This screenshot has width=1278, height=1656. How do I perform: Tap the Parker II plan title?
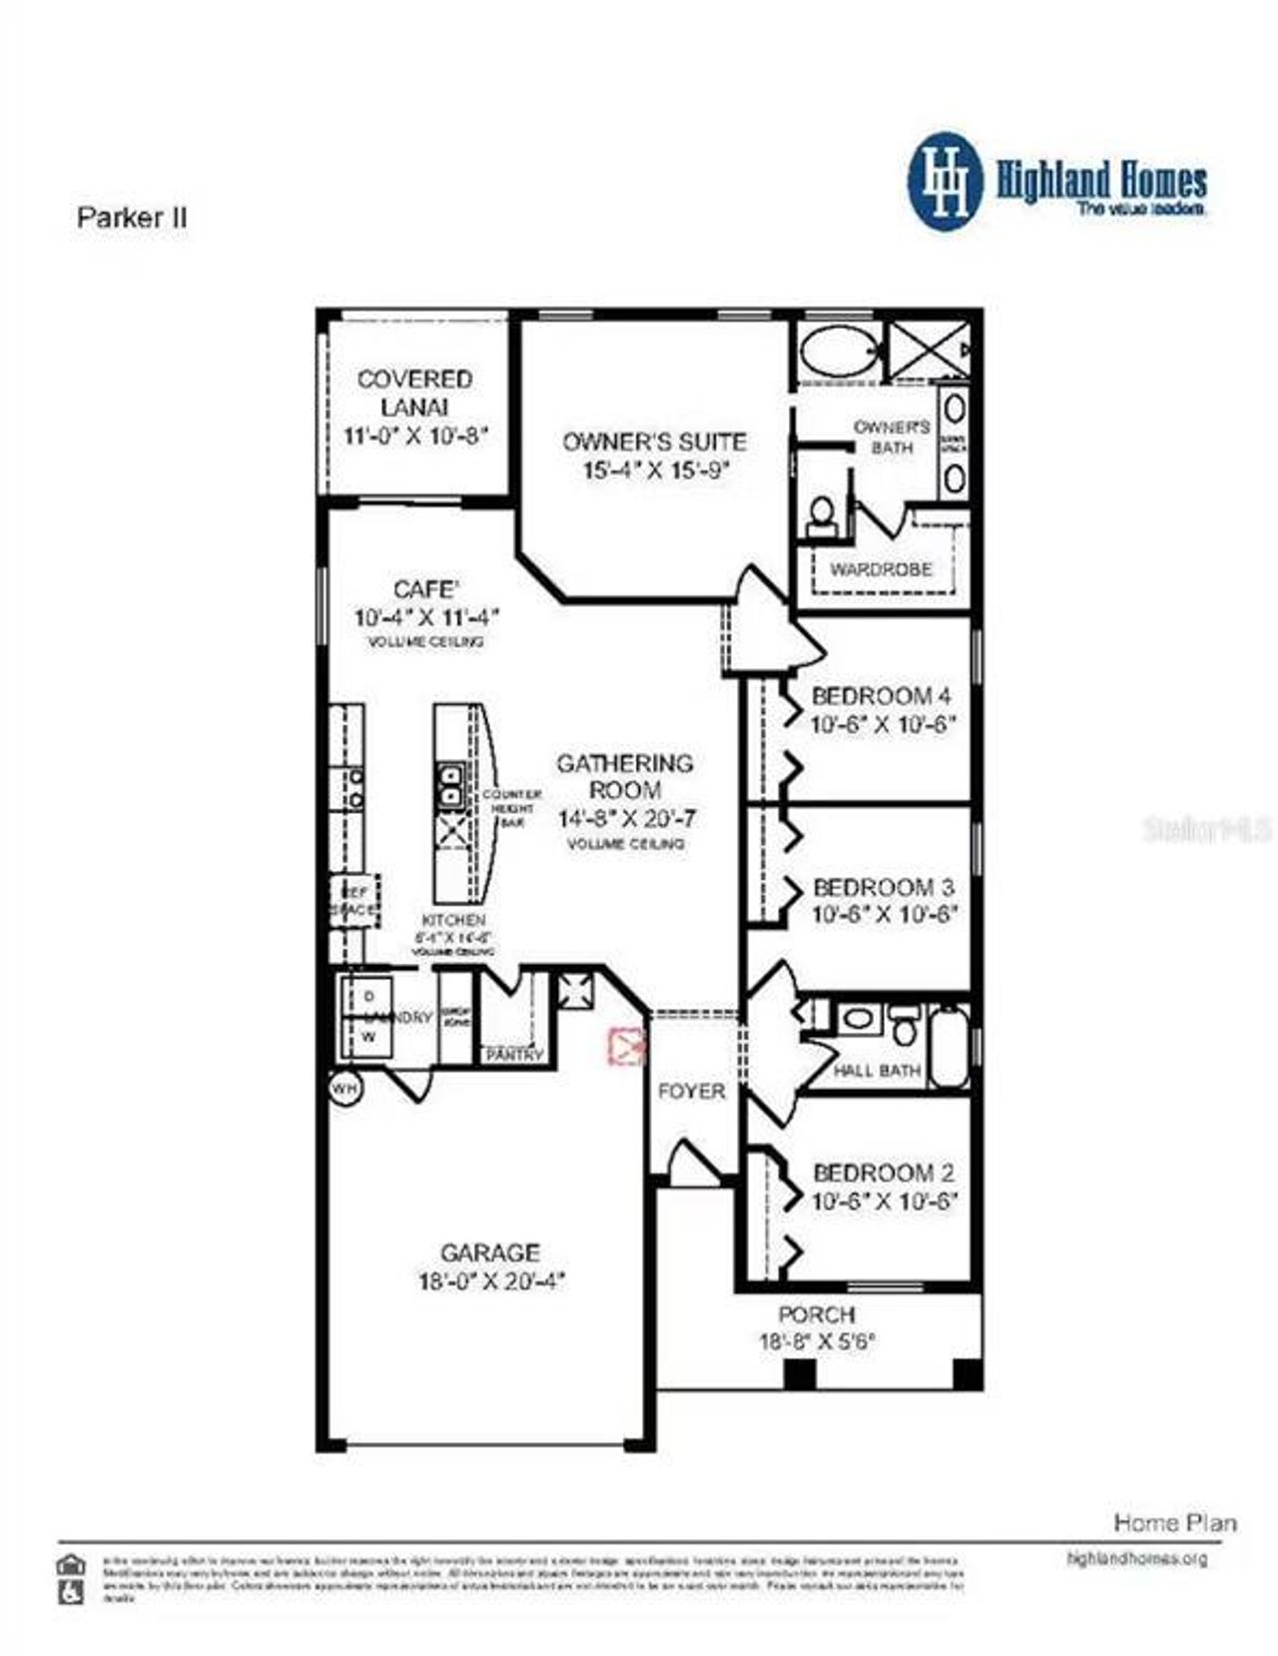coord(132,218)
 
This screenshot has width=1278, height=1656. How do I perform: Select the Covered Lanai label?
coord(414,393)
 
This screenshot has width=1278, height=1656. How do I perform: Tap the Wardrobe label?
coord(881,569)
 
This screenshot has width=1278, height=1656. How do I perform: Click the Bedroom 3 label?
coord(883,886)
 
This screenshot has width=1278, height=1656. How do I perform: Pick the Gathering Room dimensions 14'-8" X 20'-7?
coord(626,818)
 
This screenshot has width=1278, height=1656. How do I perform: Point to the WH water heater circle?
coord(344,1087)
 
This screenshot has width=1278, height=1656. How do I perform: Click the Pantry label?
coord(514,1055)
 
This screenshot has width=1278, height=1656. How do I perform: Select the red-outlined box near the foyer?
coord(627,1045)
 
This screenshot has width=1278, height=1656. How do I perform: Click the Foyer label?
coord(691,1092)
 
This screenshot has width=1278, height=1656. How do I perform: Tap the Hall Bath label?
coord(877,1070)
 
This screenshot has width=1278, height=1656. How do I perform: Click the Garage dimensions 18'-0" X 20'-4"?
coord(491,1281)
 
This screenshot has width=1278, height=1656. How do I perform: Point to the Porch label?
coord(816,1314)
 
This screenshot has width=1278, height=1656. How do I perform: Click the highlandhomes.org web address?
coord(1136,1558)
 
